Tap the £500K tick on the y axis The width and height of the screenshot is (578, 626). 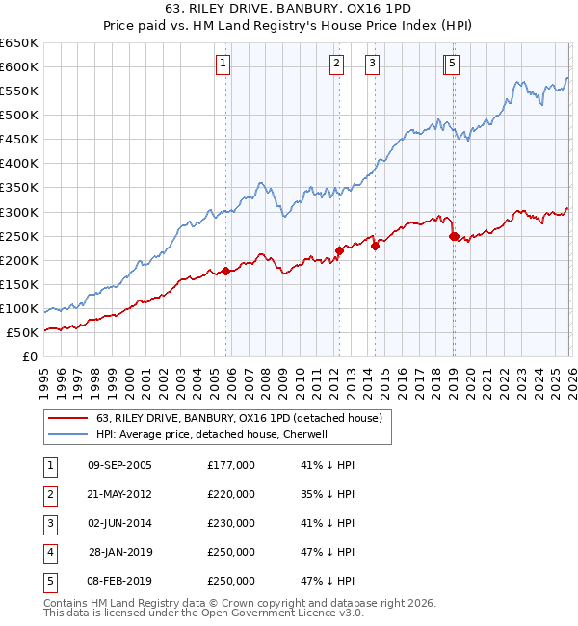point(19,115)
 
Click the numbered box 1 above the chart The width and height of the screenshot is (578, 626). point(223,65)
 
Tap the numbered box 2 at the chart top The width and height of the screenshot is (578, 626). point(336,65)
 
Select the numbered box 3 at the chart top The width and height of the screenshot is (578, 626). point(372,65)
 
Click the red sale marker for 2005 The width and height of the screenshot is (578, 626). point(226,271)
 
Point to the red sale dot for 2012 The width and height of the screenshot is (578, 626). point(339,250)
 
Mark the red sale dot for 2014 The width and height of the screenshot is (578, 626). point(375,246)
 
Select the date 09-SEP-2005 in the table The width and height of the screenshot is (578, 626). point(119,465)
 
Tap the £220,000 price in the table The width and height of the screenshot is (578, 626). point(231,494)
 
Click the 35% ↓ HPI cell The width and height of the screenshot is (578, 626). point(328,494)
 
